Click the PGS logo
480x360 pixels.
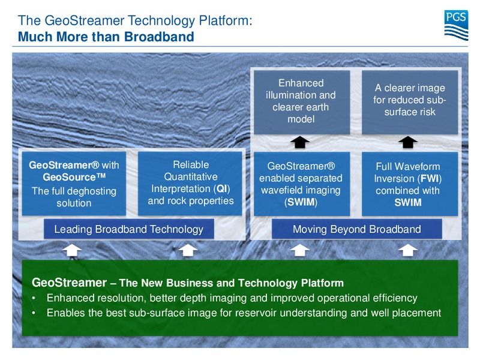coord(456,25)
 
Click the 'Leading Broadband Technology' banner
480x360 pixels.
coord(129,229)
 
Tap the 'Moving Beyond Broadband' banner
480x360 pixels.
coord(356,229)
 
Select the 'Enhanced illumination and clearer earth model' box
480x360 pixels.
coord(302,102)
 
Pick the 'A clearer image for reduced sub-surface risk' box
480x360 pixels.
coord(410,102)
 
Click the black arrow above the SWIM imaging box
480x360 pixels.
coord(300,142)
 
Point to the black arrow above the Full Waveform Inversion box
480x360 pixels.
coord(408,142)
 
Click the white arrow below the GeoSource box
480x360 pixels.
coord(72,250)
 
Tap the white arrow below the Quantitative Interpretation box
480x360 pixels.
coord(188,250)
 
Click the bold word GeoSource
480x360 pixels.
coord(74,177)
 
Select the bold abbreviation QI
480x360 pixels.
coord(221,188)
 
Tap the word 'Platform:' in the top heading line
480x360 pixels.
coord(226,20)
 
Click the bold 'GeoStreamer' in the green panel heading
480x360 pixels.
coord(69,282)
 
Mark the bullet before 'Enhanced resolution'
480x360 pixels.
coord(34,298)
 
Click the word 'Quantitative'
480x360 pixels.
coord(191,176)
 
